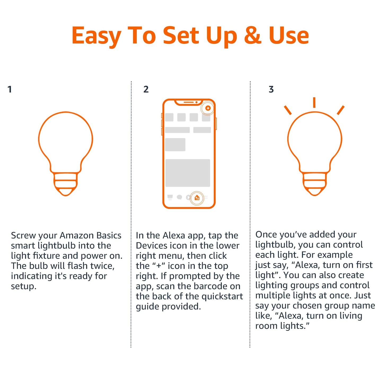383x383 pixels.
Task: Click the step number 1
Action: click(x=10, y=89)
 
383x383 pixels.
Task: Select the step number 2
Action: click(x=146, y=89)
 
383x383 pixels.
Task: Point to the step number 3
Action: click(x=271, y=89)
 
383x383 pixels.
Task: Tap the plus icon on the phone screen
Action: click(x=208, y=108)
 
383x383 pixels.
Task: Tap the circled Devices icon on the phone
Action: click(x=197, y=198)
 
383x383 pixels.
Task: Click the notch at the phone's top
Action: click(x=189, y=102)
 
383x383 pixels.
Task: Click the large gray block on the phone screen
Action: click(x=188, y=173)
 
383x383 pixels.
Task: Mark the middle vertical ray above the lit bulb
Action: click(x=314, y=103)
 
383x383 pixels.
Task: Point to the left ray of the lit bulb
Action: click(x=288, y=110)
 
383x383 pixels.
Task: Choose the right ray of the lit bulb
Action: click(x=341, y=110)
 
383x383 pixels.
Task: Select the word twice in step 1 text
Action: click(x=102, y=266)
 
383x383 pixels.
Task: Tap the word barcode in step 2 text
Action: click(x=215, y=286)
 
